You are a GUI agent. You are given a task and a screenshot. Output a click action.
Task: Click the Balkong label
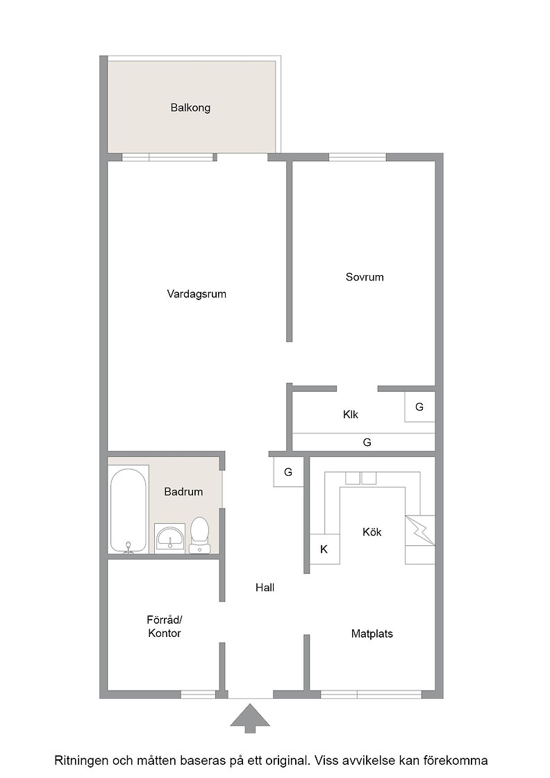click(x=190, y=108)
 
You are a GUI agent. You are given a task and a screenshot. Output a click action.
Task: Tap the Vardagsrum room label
click(x=197, y=294)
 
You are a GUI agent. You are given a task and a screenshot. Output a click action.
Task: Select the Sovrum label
click(x=365, y=277)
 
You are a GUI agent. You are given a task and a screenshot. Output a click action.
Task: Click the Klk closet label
click(x=351, y=414)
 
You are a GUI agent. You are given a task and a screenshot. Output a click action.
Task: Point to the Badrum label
click(x=183, y=492)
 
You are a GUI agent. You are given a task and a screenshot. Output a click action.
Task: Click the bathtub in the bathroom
click(x=128, y=510)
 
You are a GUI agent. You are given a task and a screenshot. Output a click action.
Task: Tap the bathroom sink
click(x=170, y=538)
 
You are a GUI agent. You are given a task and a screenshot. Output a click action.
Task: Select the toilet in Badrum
click(x=200, y=534)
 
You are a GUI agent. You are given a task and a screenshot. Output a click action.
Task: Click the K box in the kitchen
click(x=324, y=549)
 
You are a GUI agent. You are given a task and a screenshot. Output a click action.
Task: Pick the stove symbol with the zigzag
click(x=420, y=531)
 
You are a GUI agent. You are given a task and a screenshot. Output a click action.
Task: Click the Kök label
click(x=372, y=532)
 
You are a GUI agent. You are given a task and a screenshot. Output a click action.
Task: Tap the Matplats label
click(x=372, y=634)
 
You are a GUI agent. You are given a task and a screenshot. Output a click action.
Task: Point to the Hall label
click(x=265, y=588)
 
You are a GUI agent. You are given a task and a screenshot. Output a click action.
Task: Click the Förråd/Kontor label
click(x=165, y=626)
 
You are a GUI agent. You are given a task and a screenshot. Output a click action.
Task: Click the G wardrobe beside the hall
click(x=288, y=472)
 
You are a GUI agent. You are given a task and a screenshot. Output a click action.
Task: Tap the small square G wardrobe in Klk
click(x=419, y=407)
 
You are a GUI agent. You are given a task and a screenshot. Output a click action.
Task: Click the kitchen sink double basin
click(x=361, y=478)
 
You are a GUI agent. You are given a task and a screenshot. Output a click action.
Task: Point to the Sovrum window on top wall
click(x=358, y=157)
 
